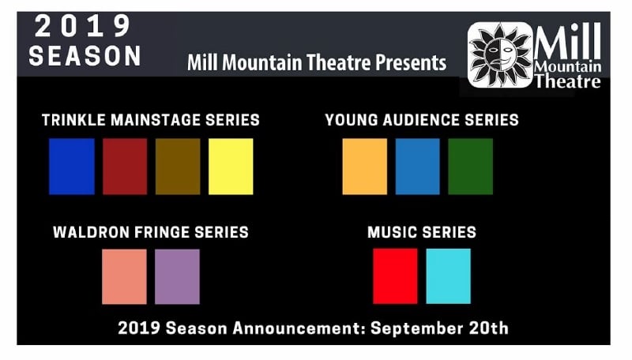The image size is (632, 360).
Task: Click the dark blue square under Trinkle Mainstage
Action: [72, 167]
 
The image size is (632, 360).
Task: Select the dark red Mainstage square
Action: [125, 167]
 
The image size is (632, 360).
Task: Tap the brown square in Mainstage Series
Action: [178, 167]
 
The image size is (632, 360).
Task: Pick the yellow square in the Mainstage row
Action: [231, 167]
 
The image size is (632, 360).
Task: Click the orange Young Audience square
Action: [365, 167]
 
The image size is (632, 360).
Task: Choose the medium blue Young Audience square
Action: [418, 167]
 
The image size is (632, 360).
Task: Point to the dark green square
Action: [470, 167]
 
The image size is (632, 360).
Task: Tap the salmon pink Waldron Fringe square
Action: [124, 276]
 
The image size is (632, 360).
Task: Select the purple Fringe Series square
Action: [177, 276]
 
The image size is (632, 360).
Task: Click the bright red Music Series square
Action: [396, 276]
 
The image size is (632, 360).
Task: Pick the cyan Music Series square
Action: [448, 276]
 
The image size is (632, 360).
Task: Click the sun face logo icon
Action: [500, 55]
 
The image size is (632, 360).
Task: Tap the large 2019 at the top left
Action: [83, 26]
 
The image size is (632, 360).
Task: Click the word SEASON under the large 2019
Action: [85, 55]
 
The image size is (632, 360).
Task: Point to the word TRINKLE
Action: [73, 120]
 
